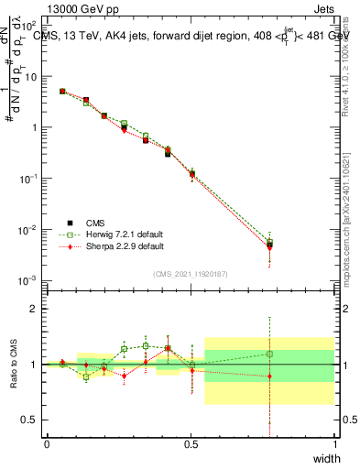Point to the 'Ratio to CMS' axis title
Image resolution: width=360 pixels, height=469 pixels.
(x=15, y=365)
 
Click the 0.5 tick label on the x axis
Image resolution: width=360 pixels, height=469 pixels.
(x=191, y=444)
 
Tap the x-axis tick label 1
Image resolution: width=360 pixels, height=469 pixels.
(x=334, y=444)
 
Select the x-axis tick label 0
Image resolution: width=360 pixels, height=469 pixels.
(x=47, y=444)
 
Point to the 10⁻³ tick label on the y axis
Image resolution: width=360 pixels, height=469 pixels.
(x=30, y=279)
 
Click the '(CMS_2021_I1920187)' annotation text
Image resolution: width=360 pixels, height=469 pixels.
(x=190, y=273)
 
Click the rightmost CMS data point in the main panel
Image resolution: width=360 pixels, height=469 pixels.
(x=269, y=245)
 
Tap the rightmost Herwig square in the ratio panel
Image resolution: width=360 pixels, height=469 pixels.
(x=269, y=354)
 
